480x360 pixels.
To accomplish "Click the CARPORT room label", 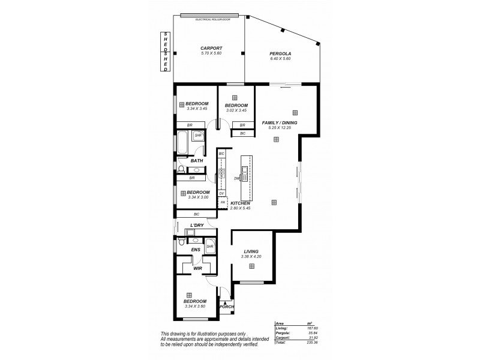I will [211, 48].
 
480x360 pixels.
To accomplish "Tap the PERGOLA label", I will [280, 53].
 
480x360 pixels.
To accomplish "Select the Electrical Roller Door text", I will [209, 20].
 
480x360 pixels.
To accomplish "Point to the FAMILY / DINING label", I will [280, 122].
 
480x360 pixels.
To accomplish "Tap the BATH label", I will [196, 161].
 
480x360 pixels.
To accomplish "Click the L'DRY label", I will [197, 225].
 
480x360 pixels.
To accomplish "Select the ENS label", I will [195, 250].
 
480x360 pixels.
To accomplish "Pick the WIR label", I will [197, 268].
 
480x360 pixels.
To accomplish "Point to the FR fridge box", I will [223, 202].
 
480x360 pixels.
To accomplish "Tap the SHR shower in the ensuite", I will [210, 246].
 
